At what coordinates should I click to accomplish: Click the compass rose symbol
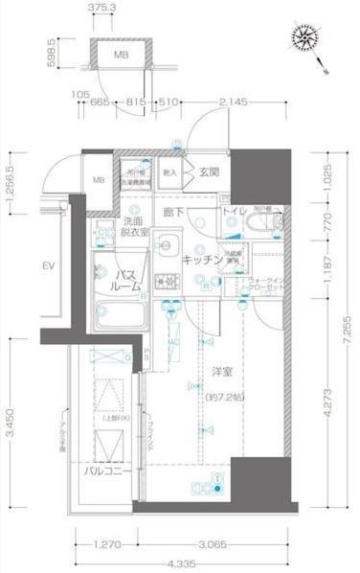308,40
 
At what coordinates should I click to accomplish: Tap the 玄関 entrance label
210,172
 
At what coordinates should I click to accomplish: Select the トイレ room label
235,211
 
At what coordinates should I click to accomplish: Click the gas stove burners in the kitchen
168,283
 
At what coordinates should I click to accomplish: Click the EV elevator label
45,264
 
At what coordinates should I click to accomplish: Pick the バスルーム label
117,280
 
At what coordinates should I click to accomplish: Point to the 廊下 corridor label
171,211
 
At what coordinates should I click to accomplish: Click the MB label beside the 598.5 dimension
122,55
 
